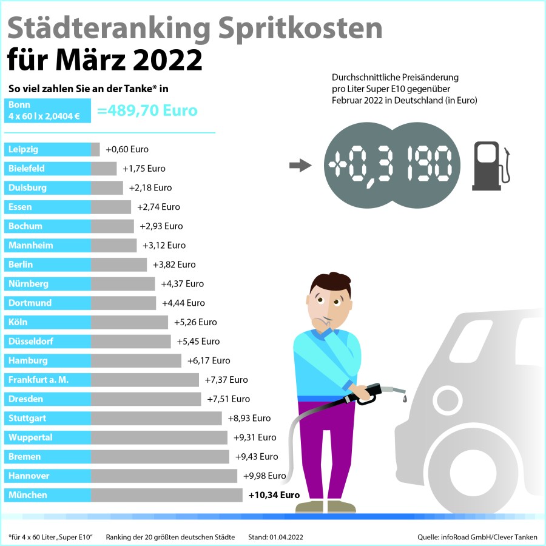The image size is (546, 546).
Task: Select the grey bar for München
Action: pyautogui.click(x=167, y=495)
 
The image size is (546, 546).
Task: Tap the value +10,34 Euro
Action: pyautogui.click(x=274, y=495)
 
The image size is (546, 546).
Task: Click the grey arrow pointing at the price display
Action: pyautogui.click(x=300, y=165)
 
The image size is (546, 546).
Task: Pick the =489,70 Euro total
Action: pyautogui.click(x=147, y=111)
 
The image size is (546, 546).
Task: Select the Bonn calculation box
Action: pyautogui.click(x=47, y=111)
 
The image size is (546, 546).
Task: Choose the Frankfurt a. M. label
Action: pyautogui.click(x=38, y=380)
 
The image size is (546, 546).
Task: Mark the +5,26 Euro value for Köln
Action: pyautogui.click(x=195, y=322)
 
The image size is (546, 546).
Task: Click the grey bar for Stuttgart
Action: pyautogui.click(x=157, y=418)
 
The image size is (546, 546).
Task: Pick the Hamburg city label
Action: pyautogui.click(x=28, y=360)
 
